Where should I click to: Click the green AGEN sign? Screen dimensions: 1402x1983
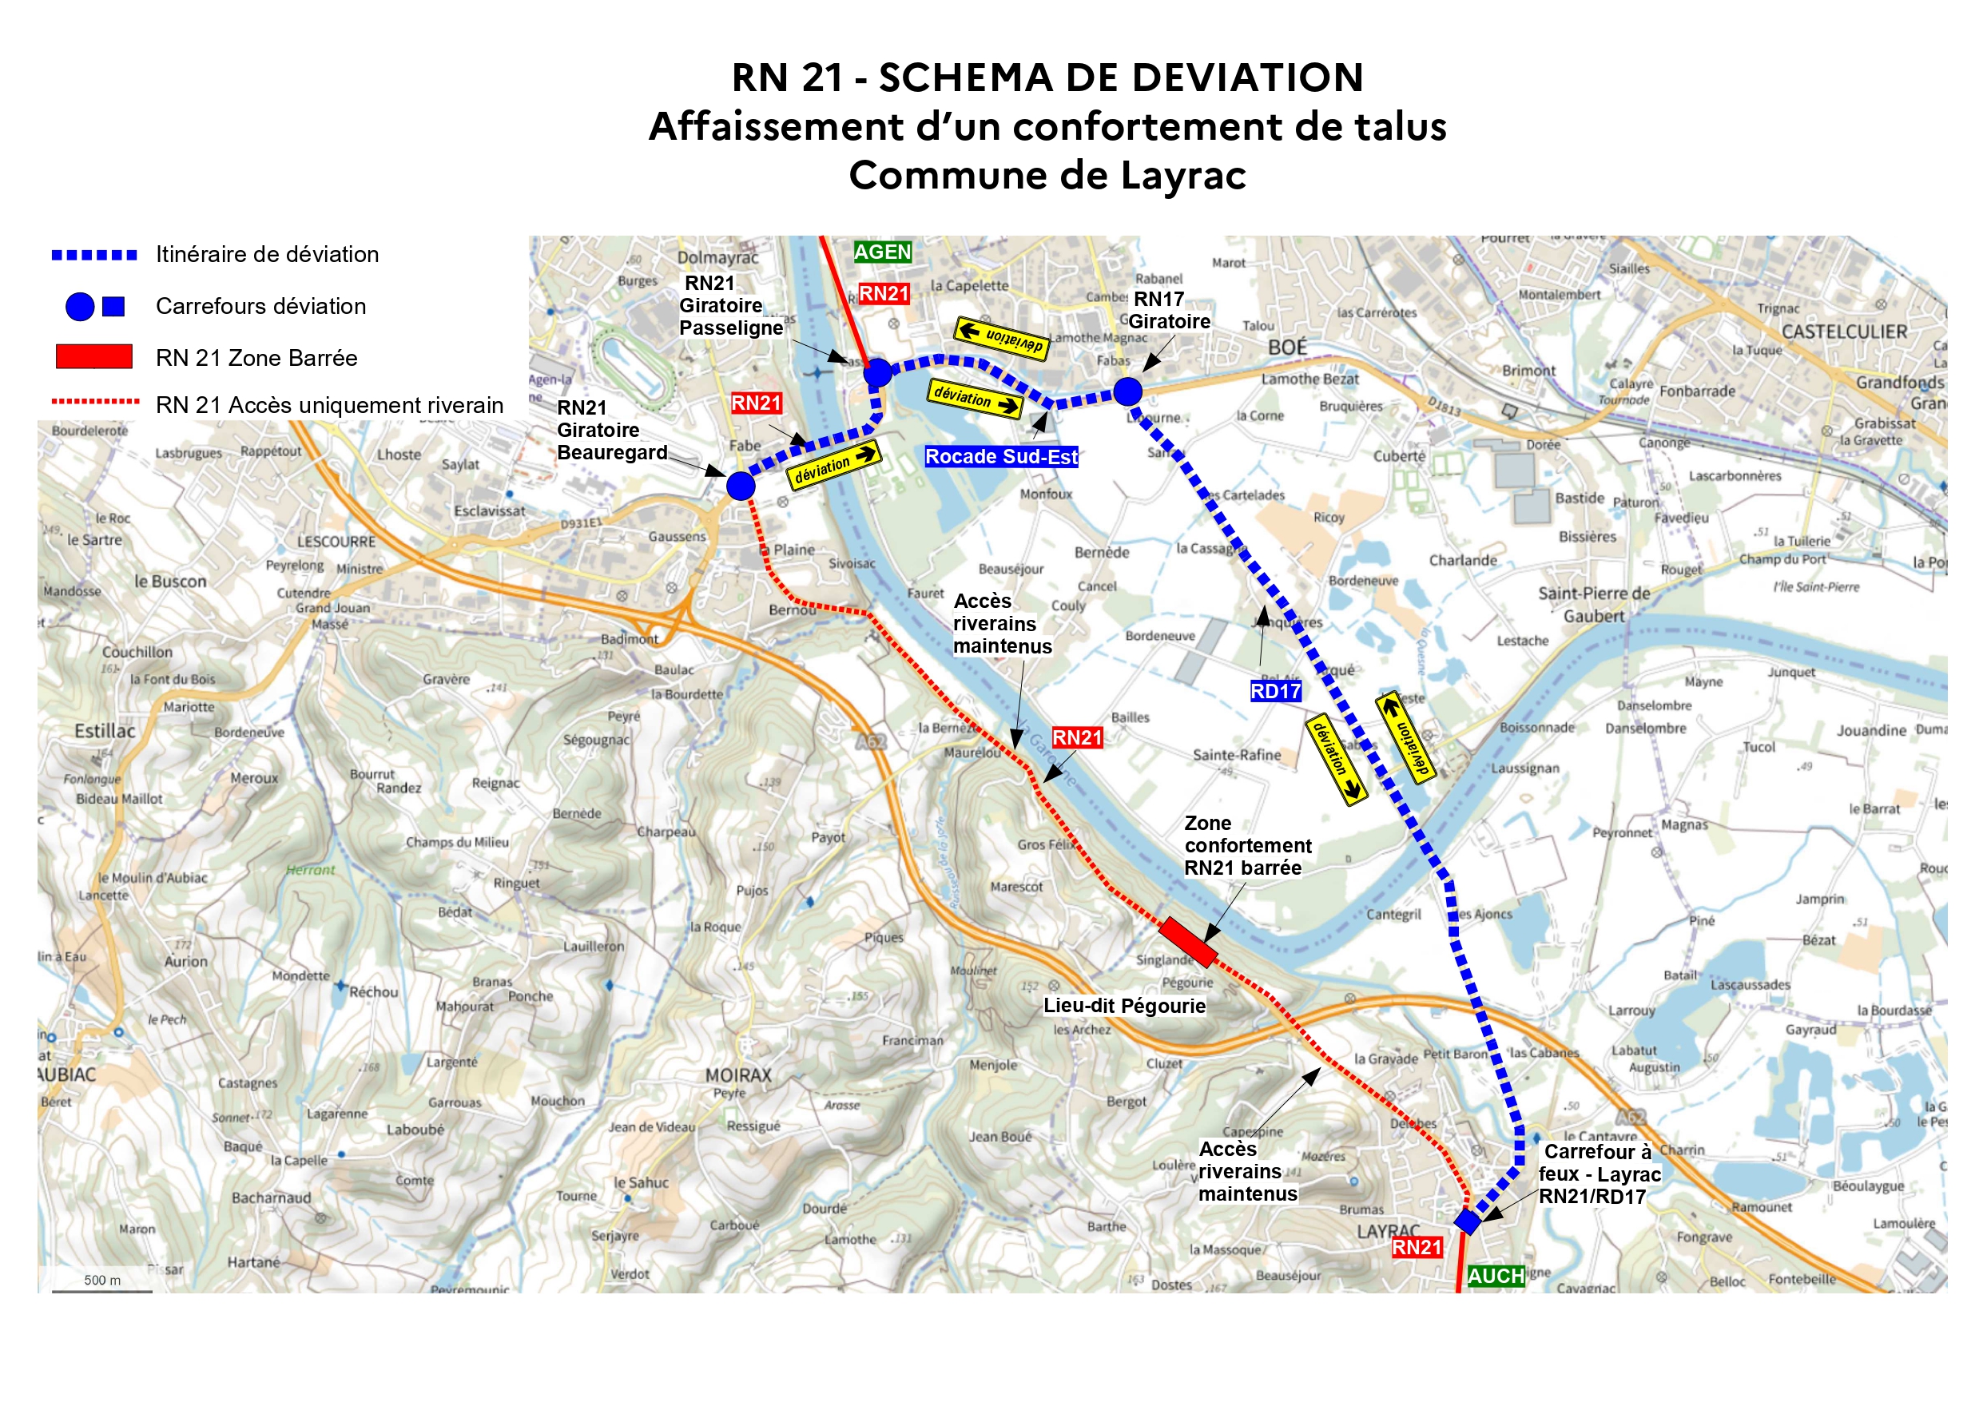882,252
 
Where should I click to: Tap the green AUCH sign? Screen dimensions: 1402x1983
1495,1275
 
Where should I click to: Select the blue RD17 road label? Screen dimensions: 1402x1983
1275,691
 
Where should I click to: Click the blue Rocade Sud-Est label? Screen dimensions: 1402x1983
1001,457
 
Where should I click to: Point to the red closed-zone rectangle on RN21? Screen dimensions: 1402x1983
1187,942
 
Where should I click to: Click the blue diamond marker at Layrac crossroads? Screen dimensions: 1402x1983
1468,1221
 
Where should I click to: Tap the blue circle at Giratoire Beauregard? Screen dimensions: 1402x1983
740,487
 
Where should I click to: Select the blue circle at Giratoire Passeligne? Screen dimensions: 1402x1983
877,372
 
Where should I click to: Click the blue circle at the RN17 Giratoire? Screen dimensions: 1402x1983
1127,391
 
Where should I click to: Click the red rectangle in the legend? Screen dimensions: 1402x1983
93,357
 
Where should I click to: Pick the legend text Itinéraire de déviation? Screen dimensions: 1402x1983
267,255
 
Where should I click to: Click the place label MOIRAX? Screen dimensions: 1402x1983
738,1075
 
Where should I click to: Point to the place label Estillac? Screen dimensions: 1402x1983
105,731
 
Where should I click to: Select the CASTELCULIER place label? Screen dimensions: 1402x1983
1844,332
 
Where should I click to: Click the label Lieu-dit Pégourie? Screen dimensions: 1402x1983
1123,1006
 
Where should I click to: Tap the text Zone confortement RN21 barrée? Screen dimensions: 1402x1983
1246,846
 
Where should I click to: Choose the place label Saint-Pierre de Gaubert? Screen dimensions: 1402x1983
1593,605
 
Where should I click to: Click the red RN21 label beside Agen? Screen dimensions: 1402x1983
884,294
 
